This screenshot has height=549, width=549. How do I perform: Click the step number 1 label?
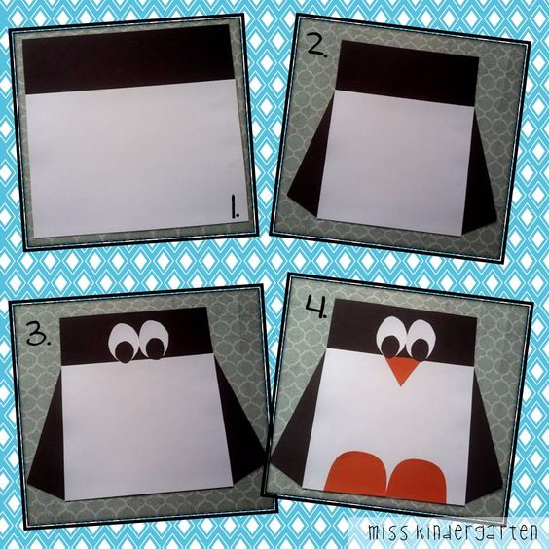click(235, 207)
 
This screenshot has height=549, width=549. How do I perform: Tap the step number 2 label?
click(317, 47)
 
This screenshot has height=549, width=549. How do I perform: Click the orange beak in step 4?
click(403, 370)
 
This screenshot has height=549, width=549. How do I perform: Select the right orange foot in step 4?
click(417, 481)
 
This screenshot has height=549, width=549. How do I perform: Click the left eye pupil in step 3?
click(125, 351)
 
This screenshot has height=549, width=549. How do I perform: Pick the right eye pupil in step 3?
click(156, 349)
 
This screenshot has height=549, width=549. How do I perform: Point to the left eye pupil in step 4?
click(390, 347)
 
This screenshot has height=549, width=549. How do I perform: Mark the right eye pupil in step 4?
click(420, 349)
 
